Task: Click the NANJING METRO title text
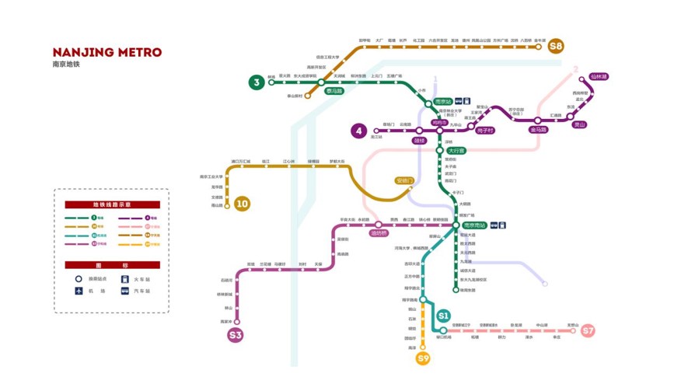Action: pos(107,52)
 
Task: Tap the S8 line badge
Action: pos(555,46)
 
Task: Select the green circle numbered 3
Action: pos(256,82)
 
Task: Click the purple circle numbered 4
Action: pos(358,131)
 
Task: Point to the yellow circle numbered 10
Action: pos(242,204)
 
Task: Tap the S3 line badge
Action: pos(236,335)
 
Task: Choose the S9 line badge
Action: pos(423,358)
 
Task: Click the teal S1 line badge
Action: pos(443,316)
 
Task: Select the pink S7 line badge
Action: pos(588,330)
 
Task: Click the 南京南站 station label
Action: pos(473,225)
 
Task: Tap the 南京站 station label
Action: pos(443,102)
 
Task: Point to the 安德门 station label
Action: pos(404,180)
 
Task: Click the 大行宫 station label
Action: pos(456,151)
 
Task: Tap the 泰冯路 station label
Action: pos(335,91)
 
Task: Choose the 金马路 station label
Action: pos(538,130)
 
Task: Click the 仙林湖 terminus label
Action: pos(599,77)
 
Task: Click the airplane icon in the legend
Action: pos(79,291)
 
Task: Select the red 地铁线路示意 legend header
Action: pos(112,204)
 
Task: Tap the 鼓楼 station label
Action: pos(420,141)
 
